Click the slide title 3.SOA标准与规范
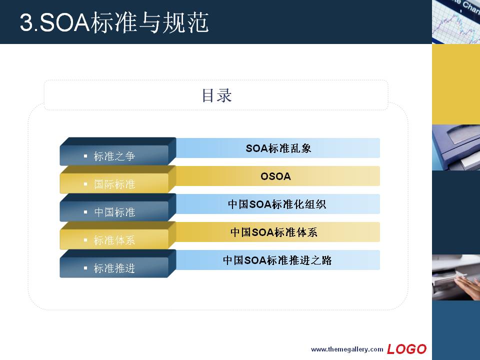click(x=114, y=22)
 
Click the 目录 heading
click(x=216, y=95)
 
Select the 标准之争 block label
click(x=114, y=156)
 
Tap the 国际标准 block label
click(x=114, y=184)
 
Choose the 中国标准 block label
click(x=114, y=212)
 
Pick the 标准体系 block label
click(x=114, y=240)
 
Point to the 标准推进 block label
click(x=114, y=268)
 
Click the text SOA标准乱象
click(x=278, y=148)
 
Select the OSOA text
click(x=275, y=176)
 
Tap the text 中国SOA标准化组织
click(x=277, y=204)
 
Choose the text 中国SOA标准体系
click(x=274, y=232)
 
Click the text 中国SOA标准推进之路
click(x=277, y=260)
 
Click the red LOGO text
click(x=406, y=349)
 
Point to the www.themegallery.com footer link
click(x=347, y=349)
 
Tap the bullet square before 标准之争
click(x=85, y=156)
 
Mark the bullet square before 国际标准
click(x=85, y=184)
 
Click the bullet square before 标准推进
click(x=85, y=268)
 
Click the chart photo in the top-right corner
click(x=456, y=21)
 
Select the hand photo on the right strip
click(x=456, y=277)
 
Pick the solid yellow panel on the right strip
click(x=456, y=84)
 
